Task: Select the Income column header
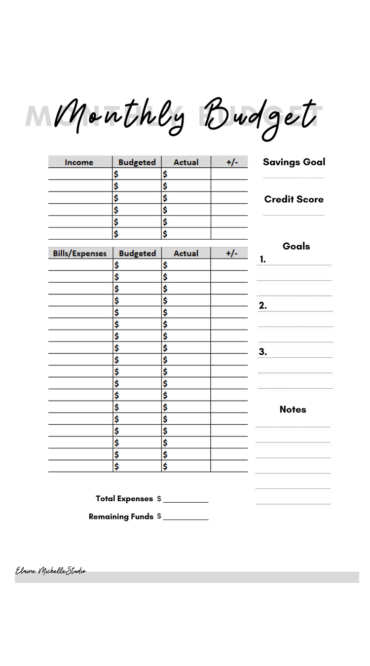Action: pyautogui.click(x=79, y=162)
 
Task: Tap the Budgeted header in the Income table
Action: pyautogui.click(x=137, y=162)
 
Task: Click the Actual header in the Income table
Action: pyautogui.click(x=186, y=162)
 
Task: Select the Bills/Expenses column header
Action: pyautogui.click(x=80, y=254)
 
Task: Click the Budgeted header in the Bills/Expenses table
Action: pyautogui.click(x=137, y=254)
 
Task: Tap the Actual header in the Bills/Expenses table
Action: pyautogui.click(x=186, y=254)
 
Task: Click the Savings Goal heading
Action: pyautogui.click(x=294, y=162)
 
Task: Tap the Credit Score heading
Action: pyautogui.click(x=294, y=199)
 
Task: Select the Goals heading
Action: pyautogui.click(x=296, y=246)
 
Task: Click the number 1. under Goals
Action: pyautogui.click(x=262, y=259)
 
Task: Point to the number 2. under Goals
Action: pyautogui.click(x=263, y=306)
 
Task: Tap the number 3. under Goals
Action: pyautogui.click(x=263, y=352)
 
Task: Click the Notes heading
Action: pyautogui.click(x=293, y=409)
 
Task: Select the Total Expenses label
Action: pyautogui.click(x=124, y=499)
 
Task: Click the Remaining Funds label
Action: pyautogui.click(x=121, y=517)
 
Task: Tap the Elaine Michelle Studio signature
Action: pyautogui.click(x=51, y=571)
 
